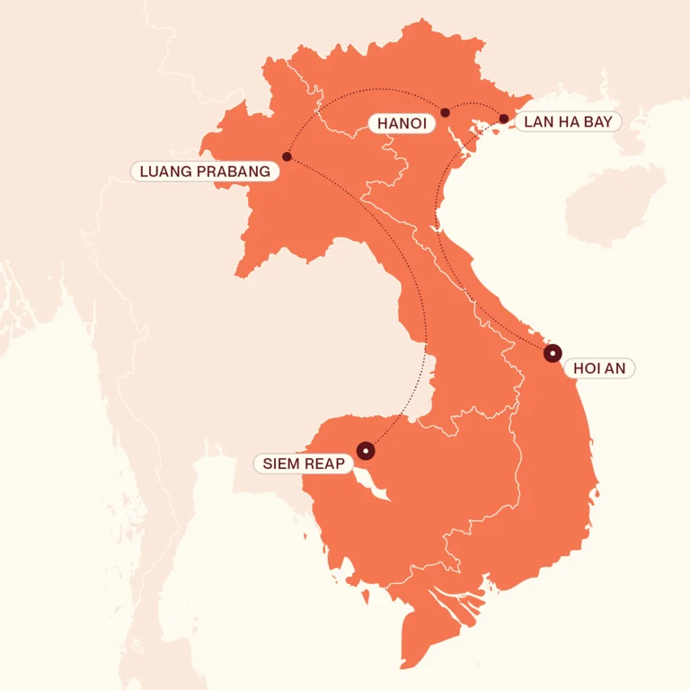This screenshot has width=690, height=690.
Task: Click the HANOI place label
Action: pos(402,123)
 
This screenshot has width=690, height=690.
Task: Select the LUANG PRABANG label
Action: pos(205,171)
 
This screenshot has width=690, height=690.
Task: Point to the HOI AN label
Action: pos(598,367)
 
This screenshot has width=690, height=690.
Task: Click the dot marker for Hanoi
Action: pos(445,112)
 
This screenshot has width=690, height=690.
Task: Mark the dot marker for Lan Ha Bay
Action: pos(504,119)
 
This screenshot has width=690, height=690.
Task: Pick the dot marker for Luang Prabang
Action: pos(287,157)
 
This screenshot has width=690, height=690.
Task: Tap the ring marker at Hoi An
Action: pos(552,354)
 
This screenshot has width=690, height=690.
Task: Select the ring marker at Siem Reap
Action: pos(366,450)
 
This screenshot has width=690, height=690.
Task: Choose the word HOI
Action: pos(587,367)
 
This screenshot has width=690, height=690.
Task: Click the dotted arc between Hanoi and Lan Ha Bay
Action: pos(474,104)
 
